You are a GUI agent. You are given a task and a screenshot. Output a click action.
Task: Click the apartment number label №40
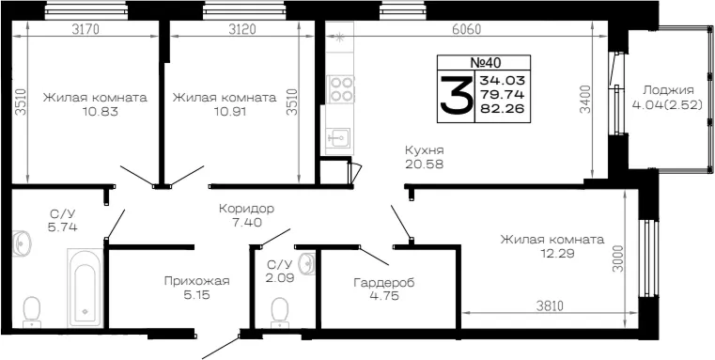coord(483,62)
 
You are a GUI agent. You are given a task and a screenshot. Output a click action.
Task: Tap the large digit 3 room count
coord(456,94)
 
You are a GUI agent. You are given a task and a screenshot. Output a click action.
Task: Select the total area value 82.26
coord(502,108)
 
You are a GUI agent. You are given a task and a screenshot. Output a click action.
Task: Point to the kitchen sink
coord(338,137)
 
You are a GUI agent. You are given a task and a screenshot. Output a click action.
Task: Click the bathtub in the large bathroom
coord(85,288)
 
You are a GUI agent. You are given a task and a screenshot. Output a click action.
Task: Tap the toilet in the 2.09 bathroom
coord(280,313)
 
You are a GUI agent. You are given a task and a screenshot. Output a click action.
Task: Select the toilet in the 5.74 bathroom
coord(32,312)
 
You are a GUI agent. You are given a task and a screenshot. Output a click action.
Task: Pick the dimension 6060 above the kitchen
coord(466,30)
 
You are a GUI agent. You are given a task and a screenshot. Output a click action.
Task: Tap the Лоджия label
coord(668,91)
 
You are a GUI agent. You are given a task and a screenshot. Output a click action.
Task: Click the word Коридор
coord(246,209)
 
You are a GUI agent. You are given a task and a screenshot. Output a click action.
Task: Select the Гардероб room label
coord(384,283)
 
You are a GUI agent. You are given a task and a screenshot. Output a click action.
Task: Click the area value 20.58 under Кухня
coord(424,164)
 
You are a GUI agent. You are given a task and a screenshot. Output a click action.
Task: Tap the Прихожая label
coord(197,282)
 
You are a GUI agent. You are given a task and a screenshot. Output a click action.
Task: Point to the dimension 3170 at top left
coord(85,30)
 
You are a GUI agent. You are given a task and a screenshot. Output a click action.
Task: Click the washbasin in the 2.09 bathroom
coord(308,263)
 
